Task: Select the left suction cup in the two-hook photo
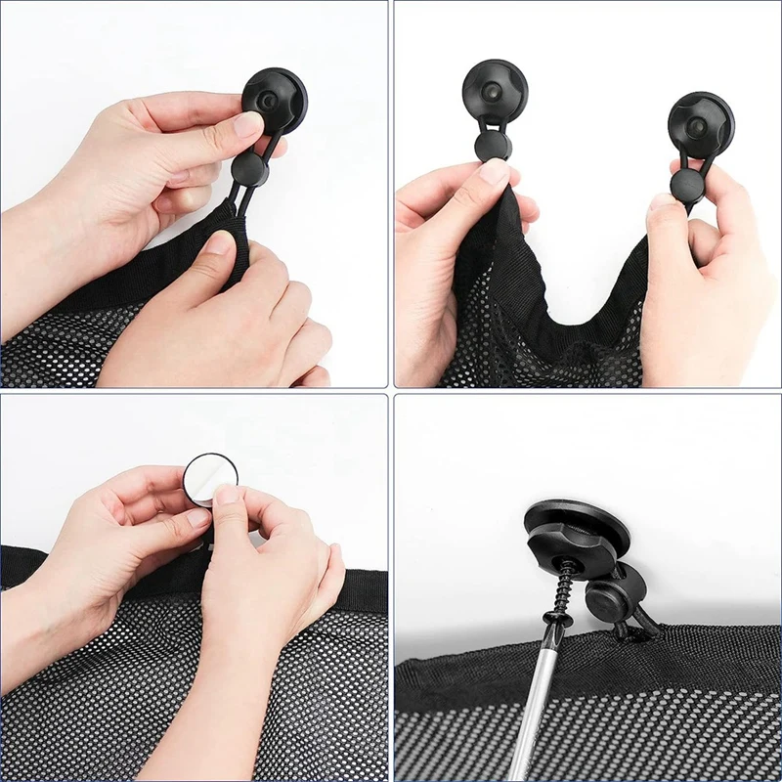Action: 495,93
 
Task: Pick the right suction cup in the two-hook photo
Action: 701,124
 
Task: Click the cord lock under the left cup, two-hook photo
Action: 493,146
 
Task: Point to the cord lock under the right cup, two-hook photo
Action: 686,185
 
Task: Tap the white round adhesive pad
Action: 209,477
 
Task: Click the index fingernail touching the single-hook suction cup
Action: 247,125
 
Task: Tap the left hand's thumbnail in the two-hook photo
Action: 495,173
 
